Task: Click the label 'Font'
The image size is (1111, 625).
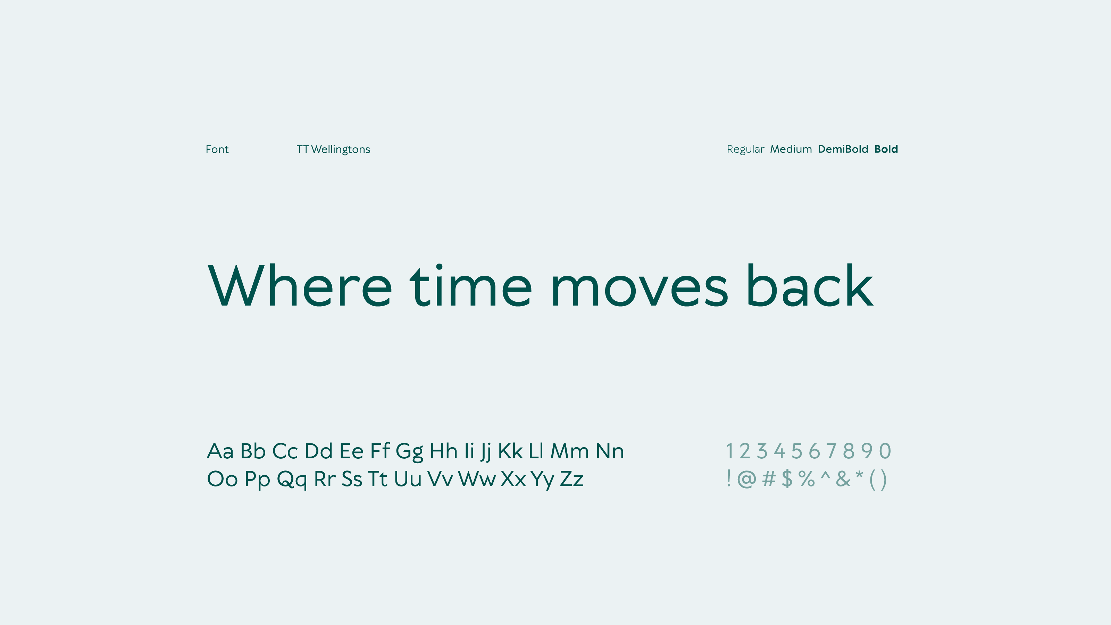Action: click(217, 149)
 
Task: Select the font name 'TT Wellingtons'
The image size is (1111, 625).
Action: click(333, 149)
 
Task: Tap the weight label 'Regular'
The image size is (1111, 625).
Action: click(745, 149)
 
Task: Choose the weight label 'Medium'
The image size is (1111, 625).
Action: click(791, 149)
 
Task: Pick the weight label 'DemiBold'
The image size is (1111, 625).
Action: click(843, 149)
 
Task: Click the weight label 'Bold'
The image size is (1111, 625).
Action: click(886, 149)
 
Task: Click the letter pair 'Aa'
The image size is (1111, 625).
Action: click(220, 451)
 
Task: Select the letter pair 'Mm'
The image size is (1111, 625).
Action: click(570, 451)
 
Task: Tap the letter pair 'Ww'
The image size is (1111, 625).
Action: click(477, 479)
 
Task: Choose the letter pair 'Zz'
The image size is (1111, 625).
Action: click(572, 479)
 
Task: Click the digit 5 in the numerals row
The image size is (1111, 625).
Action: click(796, 451)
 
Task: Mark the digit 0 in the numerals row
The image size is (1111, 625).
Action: click(885, 451)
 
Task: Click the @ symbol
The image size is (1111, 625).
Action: click(746, 479)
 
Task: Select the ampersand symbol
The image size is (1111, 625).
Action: click(843, 479)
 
